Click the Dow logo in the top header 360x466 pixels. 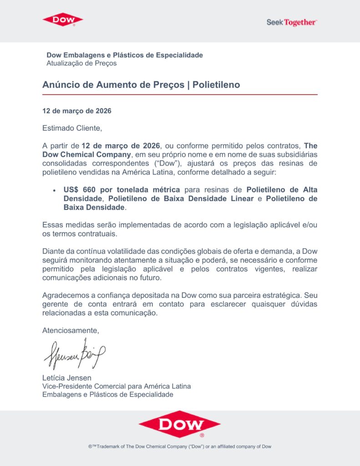click(x=63, y=20)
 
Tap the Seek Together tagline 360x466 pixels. click(x=292, y=22)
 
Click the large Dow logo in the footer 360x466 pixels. click(x=179, y=424)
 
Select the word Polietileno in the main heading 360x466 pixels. click(x=216, y=85)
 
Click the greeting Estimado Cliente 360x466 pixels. click(x=72, y=128)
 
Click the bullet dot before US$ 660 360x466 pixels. click(x=54, y=190)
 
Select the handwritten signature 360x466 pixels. click(x=75, y=354)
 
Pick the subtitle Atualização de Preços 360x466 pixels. click(x=81, y=63)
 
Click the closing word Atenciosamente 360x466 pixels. click(x=71, y=330)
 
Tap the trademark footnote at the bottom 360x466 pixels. click(x=180, y=446)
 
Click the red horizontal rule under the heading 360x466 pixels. click(x=180, y=94)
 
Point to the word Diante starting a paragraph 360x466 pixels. click(x=53, y=251)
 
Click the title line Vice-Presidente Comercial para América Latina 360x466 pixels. click(x=117, y=386)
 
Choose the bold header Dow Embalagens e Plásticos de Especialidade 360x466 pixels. click(x=125, y=55)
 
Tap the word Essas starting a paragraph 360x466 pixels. click(x=52, y=225)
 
